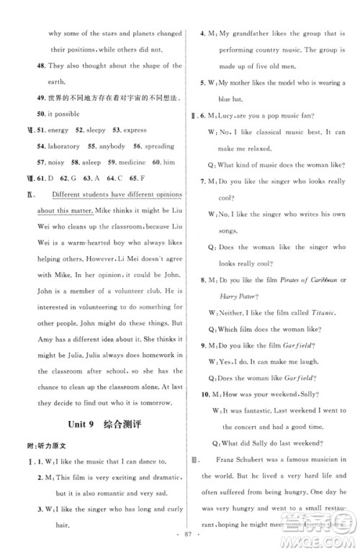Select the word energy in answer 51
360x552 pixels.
click(x=58, y=130)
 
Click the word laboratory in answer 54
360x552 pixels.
click(x=65, y=146)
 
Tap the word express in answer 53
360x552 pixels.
click(x=135, y=130)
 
